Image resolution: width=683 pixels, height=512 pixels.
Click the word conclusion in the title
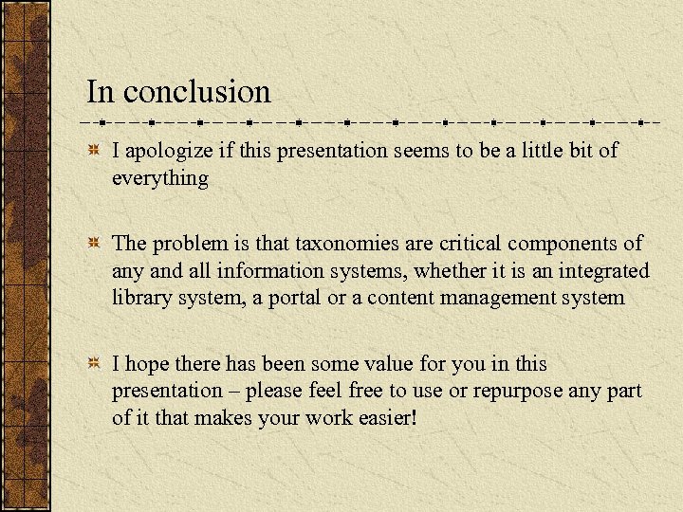pos(196,92)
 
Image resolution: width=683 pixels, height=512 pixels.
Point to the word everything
pos(159,177)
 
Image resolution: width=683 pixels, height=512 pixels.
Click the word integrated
pos(602,271)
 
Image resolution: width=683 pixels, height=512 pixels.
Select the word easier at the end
pos(385,418)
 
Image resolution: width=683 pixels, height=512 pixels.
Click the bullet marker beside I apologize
pos(93,152)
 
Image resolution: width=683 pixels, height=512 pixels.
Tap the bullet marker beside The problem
pos(93,245)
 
